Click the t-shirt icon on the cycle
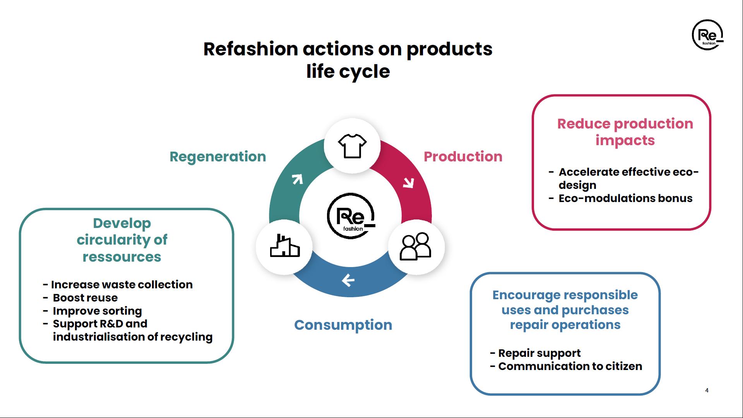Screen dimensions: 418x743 tap(352, 146)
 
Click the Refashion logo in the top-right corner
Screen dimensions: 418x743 tap(707, 35)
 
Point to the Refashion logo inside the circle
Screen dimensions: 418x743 tap(351, 216)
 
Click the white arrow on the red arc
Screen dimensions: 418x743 tap(409, 182)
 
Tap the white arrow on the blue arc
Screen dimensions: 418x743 tap(348, 280)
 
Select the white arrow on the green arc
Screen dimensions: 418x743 tap(297, 179)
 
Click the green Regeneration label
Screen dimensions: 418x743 tap(218, 157)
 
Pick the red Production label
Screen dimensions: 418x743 tap(463, 157)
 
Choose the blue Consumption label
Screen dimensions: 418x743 tap(343, 325)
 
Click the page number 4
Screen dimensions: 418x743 tap(707, 391)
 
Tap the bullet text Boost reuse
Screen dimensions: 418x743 tap(85, 298)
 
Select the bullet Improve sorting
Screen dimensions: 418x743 tap(97, 311)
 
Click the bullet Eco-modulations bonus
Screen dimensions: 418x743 tap(625, 198)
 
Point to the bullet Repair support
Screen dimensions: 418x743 tap(539, 353)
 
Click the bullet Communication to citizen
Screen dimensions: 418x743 tap(570, 366)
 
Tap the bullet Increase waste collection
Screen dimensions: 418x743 tap(122, 284)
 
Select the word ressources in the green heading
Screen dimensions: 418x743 tap(122, 257)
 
